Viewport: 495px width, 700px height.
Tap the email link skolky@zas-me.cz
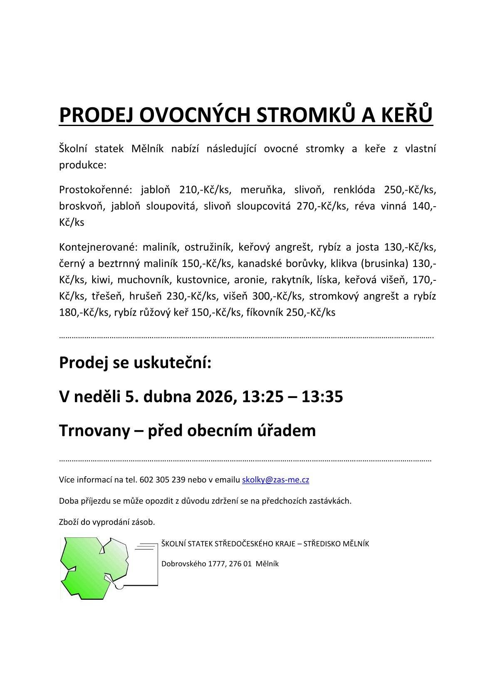pyautogui.click(x=275, y=480)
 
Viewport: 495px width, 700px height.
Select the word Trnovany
pyautogui.click(x=94, y=430)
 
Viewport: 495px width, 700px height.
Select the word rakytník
pyautogui.click(x=291, y=280)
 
